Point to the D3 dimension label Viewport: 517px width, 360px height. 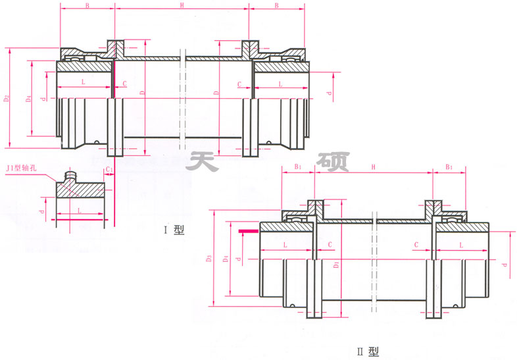click(x=209, y=259)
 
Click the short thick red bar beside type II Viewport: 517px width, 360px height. click(x=249, y=231)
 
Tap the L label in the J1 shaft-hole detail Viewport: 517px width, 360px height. click(x=79, y=209)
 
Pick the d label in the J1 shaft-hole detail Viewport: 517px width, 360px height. click(x=43, y=211)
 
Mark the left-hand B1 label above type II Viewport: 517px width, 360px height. click(x=297, y=168)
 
